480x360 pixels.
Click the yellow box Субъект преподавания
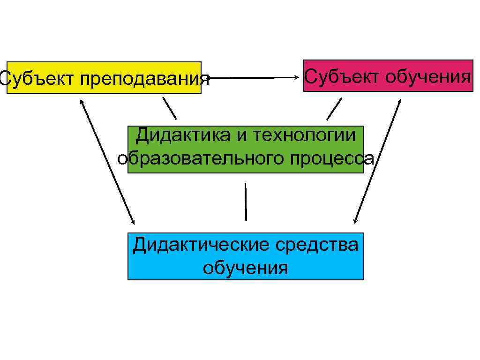tap(104, 77)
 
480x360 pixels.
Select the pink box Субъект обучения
tap(388, 75)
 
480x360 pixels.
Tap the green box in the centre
tap(246, 149)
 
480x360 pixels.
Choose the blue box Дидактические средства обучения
tap(246, 256)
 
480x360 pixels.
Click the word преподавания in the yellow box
tap(144, 79)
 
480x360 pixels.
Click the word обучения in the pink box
tap(427, 76)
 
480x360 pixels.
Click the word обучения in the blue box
tap(245, 268)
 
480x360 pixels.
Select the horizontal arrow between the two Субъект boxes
tap(253, 77)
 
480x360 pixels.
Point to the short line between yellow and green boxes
tap(170, 108)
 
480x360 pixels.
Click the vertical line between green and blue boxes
tap(245, 202)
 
